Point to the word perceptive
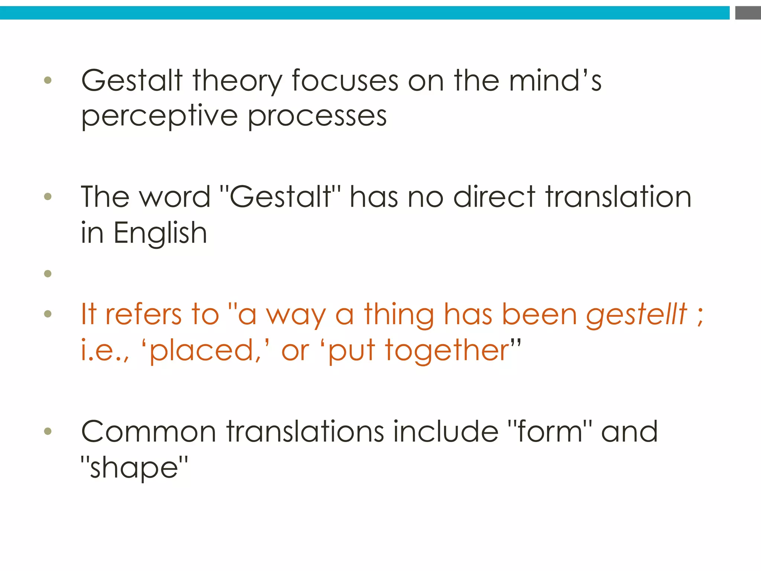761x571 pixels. tap(159, 117)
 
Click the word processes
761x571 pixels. tap(317, 117)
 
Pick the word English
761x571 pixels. tap(160, 233)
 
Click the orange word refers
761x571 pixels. tap(143, 314)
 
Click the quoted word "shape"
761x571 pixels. tap(135, 468)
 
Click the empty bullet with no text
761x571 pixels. tap(48, 274)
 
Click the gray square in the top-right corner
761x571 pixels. tap(748, 13)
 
